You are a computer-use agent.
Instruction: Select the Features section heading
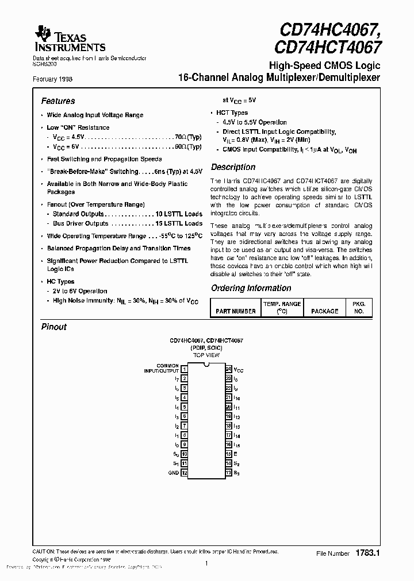pos(58,101)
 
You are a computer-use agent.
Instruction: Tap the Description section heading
pos(233,167)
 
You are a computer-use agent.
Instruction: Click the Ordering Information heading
pos(251,288)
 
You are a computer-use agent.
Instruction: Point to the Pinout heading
pos(54,327)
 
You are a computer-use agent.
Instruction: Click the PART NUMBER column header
pos(235,311)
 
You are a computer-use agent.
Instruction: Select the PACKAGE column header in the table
pos(324,311)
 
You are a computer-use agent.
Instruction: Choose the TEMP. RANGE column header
pos(282,307)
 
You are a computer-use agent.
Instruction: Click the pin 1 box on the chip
pos(184,369)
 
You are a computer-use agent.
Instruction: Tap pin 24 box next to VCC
pos(228,369)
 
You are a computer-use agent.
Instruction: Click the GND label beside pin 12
pos(174,472)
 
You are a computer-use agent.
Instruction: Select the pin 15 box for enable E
pos(228,454)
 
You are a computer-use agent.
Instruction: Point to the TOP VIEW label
pos(206,355)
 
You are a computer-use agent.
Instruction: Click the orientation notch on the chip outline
pos(206,366)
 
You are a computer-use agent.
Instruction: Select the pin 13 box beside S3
pos(228,472)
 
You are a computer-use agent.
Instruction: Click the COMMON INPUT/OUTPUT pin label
pos(161,368)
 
